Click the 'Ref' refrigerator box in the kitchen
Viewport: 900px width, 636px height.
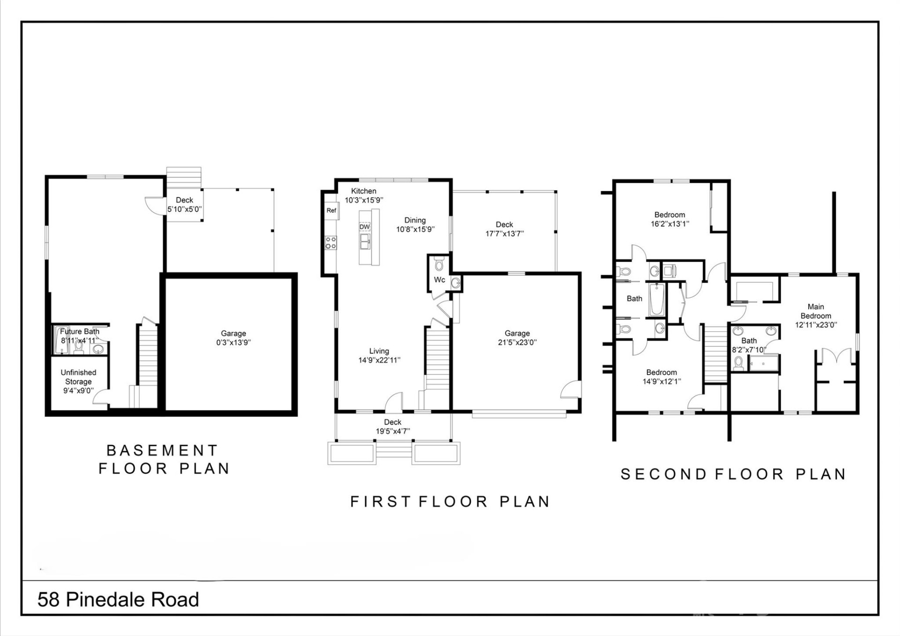[x=331, y=210]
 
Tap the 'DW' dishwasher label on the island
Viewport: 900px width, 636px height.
[x=365, y=227]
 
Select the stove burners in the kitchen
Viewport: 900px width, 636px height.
[x=331, y=243]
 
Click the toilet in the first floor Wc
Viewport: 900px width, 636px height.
[x=439, y=265]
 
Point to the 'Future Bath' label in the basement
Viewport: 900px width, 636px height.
[x=80, y=331]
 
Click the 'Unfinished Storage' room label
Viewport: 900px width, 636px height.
[x=78, y=377]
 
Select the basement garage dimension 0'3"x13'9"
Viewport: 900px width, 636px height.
[x=233, y=343]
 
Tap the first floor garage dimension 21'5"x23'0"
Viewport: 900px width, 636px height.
[x=517, y=343]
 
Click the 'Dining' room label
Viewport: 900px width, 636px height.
[x=415, y=220]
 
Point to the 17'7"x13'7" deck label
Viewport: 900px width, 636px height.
[x=504, y=233]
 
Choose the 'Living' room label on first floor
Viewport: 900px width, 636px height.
[x=379, y=351]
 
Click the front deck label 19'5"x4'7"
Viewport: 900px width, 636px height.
[x=393, y=431]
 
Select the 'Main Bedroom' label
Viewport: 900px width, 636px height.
[x=816, y=311]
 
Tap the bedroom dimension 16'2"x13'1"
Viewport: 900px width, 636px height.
[x=670, y=224]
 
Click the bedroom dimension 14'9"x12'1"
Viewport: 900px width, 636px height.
[x=661, y=382]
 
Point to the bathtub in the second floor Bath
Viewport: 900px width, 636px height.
[x=657, y=300]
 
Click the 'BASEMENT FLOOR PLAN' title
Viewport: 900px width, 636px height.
[x=163, y=459]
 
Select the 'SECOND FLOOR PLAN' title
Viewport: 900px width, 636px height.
[x=733, y=474]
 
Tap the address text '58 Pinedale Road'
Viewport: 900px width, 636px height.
[x=118, y=600]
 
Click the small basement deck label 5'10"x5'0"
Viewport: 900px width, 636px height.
[x=185, y=210]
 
